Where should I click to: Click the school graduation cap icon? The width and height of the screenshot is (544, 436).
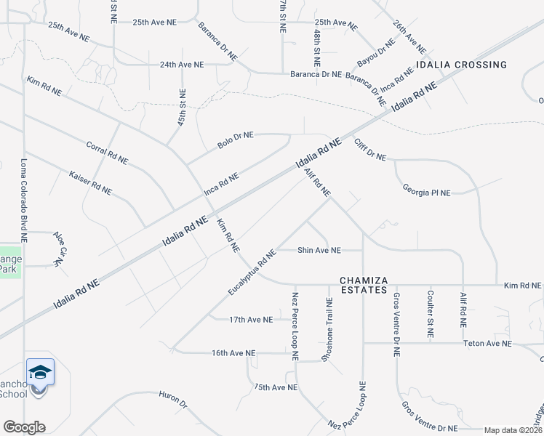click(40, 373)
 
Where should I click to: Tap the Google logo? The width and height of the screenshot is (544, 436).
click(24, 427)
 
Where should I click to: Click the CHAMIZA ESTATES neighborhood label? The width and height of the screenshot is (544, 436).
click(364, 285)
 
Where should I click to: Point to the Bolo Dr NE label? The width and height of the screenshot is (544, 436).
click(236, 140)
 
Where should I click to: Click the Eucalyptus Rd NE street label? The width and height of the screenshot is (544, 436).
click(252, 272)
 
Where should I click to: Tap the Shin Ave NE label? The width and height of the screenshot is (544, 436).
click(319, 250)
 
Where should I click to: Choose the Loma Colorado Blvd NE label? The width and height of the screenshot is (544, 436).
click(24, 200)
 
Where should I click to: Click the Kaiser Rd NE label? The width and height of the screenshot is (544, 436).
click(90, 182)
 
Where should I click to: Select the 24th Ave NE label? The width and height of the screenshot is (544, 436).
click(182, 65)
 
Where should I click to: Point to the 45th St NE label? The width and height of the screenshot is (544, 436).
click(182, 107)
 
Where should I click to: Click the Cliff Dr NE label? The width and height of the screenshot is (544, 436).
click(370, 149)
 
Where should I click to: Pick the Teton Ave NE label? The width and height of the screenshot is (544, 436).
click(487, 343)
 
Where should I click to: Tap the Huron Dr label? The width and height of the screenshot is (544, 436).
click(173, 399)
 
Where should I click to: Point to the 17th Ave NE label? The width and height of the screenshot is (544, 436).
click(251, 319)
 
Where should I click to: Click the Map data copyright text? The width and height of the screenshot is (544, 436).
click(513, 430)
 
